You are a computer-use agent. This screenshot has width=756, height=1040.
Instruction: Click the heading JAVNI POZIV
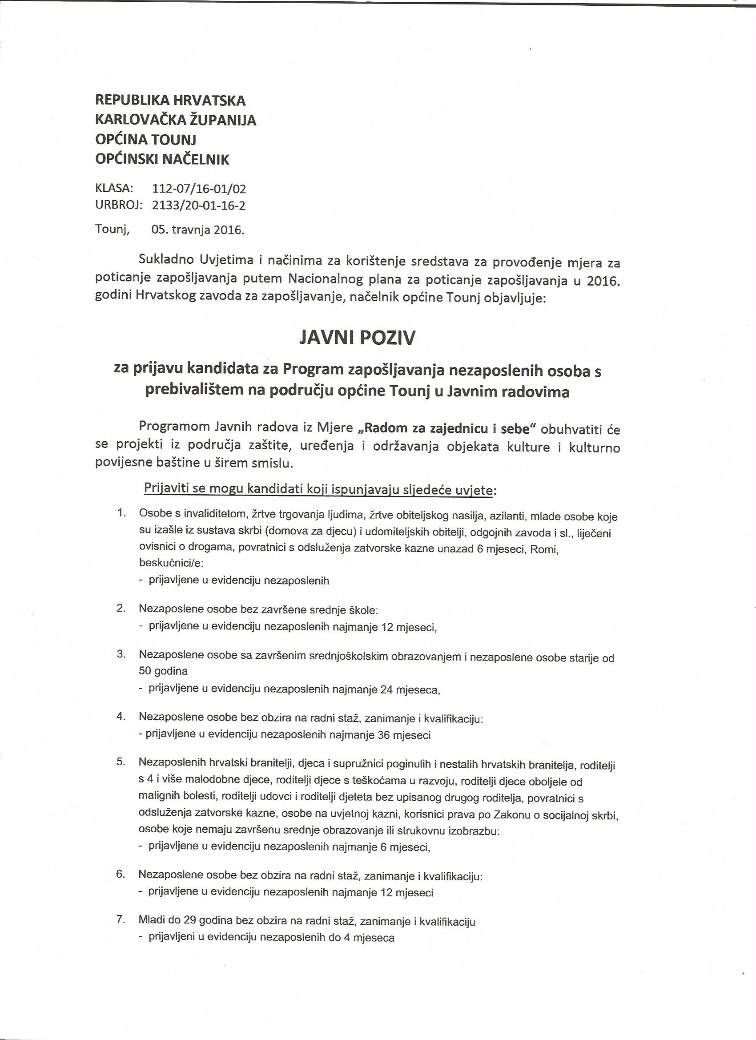pos(357,339)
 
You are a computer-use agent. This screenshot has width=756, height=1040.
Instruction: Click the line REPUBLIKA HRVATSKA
pos(170,101)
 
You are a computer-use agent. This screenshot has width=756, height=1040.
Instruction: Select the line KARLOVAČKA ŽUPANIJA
pos(175,120)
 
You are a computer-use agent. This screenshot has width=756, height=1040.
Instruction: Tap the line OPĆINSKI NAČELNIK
pos(162,159)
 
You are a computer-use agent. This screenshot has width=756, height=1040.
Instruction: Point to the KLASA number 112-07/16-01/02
pos(198,189)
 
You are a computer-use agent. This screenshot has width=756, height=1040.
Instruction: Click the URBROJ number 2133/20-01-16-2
pos(198,206)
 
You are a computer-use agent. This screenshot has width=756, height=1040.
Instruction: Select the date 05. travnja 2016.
pos(198,229)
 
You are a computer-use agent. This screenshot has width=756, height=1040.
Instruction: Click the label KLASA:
pos(114,189)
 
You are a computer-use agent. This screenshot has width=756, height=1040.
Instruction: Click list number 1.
pos(121,513)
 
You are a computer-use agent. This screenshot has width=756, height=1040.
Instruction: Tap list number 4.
pos(121,716)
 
